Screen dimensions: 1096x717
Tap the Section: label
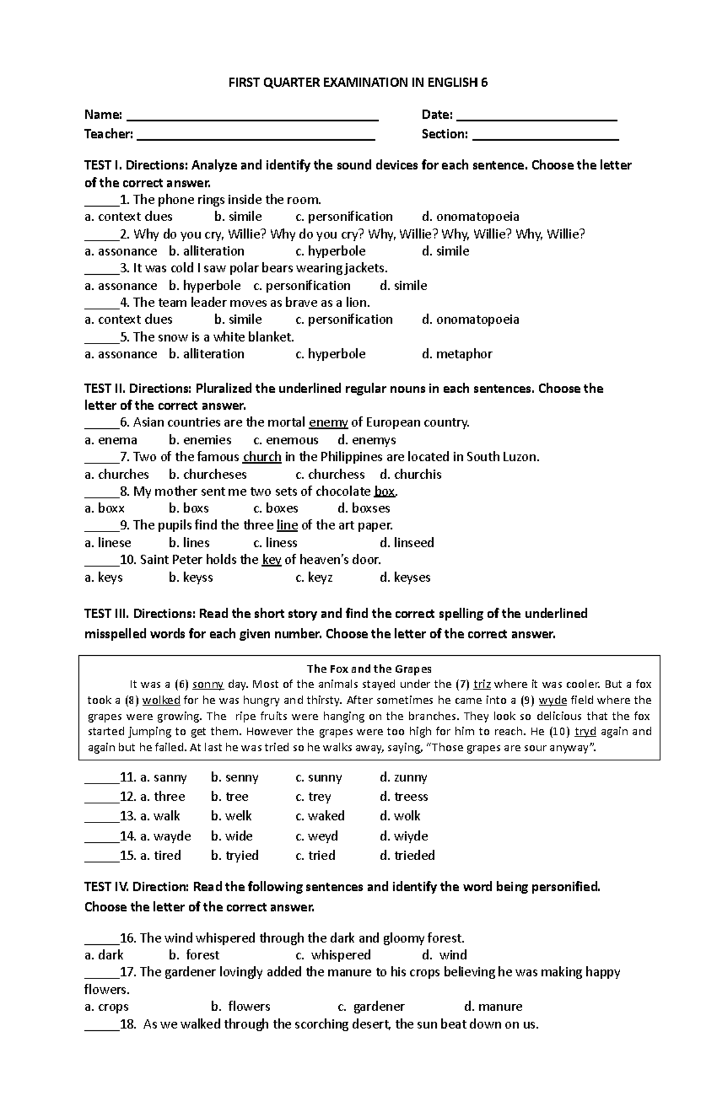coord(445,134)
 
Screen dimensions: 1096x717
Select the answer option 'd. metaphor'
coord(457,354)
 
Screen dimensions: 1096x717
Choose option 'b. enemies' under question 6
coord(200,440)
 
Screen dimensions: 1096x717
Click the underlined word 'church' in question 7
coord(262,458)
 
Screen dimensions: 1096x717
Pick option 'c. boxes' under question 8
coord(275,508)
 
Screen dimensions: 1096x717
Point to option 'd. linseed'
coord(407,543)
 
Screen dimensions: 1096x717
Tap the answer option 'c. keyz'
coord(314,578)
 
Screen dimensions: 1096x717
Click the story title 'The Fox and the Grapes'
coord(369,669)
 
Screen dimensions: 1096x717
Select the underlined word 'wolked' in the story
coord(161,700)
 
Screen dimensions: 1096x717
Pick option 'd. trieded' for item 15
coord(407,855)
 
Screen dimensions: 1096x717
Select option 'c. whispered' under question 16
coord(333,955)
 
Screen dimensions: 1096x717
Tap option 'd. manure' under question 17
coord(493,1006)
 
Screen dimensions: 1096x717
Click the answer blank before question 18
coord(102,1025)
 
